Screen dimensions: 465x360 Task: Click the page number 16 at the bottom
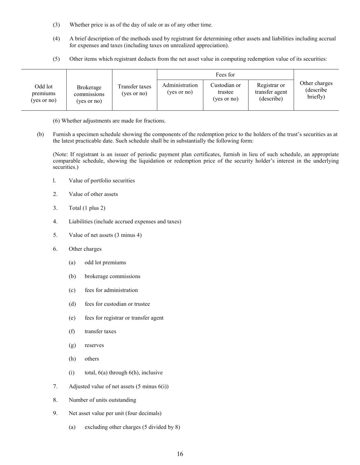tap(180, 454)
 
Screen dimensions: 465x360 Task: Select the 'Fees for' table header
tap(225, 75)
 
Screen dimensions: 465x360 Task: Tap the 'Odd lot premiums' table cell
tap(44, 93)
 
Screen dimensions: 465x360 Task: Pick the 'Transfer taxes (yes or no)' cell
tap(135, 90)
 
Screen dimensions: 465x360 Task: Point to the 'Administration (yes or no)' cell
tap(180, 89)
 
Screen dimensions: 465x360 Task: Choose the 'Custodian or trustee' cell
tap(225, 92)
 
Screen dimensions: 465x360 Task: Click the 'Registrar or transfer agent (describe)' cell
tap(271, 92)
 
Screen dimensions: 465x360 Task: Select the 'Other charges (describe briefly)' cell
tap(316, 90)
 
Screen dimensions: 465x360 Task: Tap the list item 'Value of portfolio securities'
tap(102, 180)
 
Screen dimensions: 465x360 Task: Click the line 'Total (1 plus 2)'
tap(87, 208)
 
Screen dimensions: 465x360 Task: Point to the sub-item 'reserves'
tap(94, 345)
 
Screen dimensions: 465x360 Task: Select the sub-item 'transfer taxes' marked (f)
tap(100, 331)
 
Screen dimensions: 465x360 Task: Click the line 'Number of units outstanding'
tap(102, 400)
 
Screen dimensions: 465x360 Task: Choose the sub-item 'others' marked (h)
tap(92, 359)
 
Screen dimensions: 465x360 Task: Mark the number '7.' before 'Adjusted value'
tap(55, 386)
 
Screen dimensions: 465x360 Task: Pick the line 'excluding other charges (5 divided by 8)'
tap(132, 427)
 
